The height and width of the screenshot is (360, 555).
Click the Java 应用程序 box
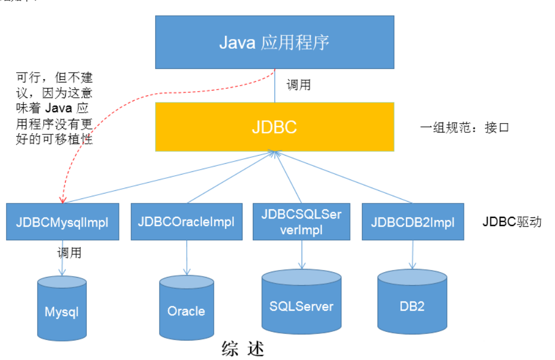tap(274, 42)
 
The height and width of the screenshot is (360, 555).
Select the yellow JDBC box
tap(274, 126)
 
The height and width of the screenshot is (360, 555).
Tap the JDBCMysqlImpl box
tap(62, 222)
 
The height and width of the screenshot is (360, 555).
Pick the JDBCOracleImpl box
tap(186, 222)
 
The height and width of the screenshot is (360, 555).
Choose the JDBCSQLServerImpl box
tap(302, 222)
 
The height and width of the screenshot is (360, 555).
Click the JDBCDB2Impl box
tap(413, 222)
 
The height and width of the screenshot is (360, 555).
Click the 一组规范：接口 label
tap(465, 128)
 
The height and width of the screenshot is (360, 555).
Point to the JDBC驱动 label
tap(512, 222)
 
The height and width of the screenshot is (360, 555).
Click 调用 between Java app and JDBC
tap(298, 85)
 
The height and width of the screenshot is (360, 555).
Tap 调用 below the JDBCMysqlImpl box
tap(69, 253)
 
